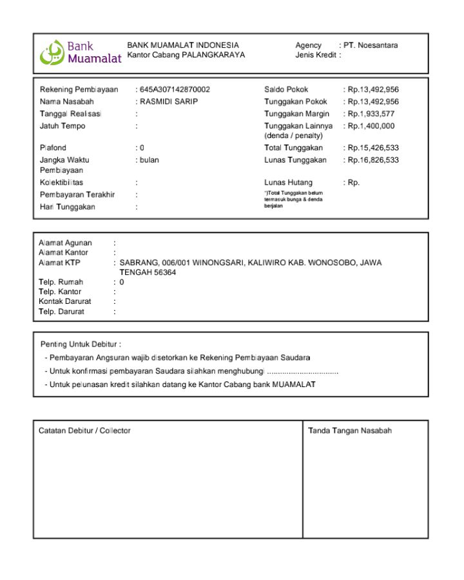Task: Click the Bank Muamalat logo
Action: point(81,52)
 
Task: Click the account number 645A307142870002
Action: point(175,90)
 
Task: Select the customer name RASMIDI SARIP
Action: point(169,102)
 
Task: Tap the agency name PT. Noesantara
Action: point(371,45)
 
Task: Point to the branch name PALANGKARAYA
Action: point(213,55)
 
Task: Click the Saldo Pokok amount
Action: point(373,90)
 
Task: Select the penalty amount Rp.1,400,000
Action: point(371,126)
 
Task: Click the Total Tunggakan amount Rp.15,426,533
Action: point(373,148)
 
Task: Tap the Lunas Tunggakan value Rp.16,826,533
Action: point(373,160)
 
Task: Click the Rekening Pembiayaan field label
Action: point(79,90)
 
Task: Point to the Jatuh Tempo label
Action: point(63,126)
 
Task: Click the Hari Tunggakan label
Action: point(68,207)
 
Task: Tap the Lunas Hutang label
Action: point(288,183)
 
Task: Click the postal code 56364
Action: point(166,273)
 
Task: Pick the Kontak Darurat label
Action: point(65,301)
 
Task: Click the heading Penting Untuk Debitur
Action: point(81,344)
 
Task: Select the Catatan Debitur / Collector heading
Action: point(84,430)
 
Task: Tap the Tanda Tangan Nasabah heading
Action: point(350,430)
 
